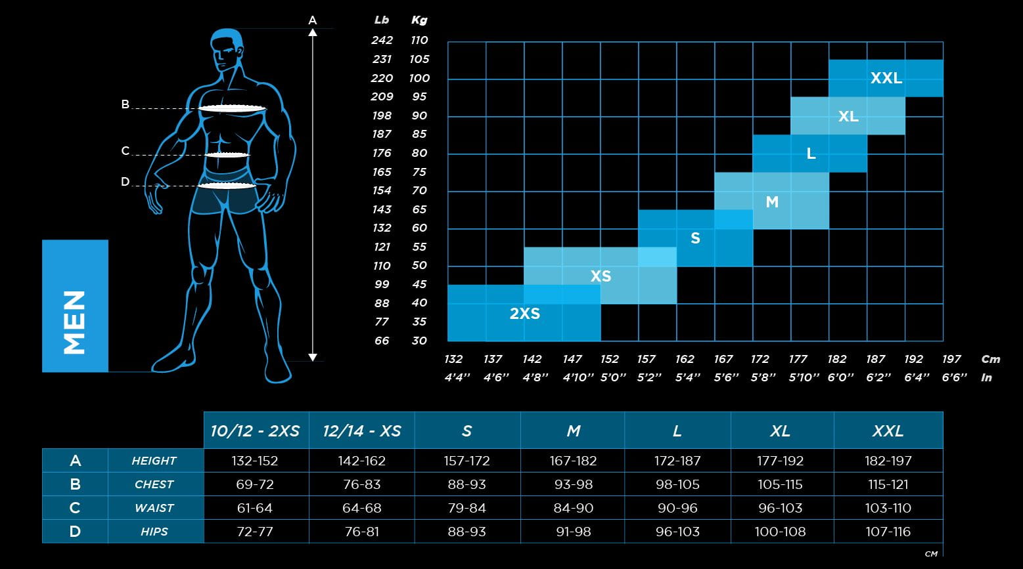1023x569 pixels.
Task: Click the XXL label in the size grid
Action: [x=886, y=78]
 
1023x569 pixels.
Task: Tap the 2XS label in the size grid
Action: [x=524, y=314]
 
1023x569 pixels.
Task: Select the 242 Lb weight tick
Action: [x=382, y=40]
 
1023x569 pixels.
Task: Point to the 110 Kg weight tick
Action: [x=419, y=40]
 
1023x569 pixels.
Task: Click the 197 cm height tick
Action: [x=951, y=359]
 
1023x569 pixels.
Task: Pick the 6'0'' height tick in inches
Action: [x=837, y=377]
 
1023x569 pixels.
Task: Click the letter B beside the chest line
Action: [x=125, y=104]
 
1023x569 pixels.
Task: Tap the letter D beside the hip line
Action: [x=125, y=182]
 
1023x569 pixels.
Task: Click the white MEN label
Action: [x=75, y=322]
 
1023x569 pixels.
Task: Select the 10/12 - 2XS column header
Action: [x=255, y=431]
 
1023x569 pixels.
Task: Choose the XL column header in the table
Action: [x=780, y=431]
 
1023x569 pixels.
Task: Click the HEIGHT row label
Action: [x=154, y=461]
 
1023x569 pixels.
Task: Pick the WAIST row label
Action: [x=154, y=508]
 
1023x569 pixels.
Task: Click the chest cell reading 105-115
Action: [x=780, y=484]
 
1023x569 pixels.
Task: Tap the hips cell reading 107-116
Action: [x=888, y=532]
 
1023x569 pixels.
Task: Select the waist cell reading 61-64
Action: [x=255, y=508]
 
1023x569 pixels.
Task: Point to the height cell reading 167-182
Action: [x=573, y=461]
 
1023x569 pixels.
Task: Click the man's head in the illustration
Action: [x=227, y=49]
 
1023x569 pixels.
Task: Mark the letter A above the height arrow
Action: [x=313, y=20]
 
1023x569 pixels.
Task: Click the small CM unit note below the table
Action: [x=931, y=555]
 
